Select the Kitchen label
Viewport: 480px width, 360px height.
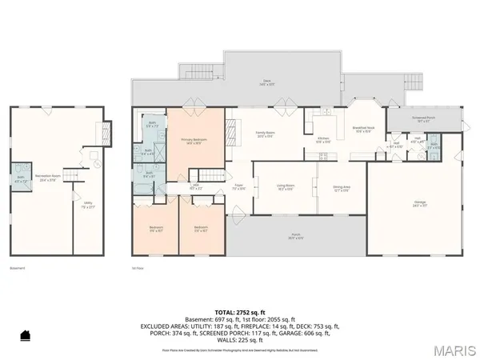[x=324, y=138]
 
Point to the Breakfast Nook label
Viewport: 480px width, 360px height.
[x=364, y=129]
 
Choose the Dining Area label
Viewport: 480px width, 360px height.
[x=342, y=188]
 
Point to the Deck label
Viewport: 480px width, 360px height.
[x=268, y=80]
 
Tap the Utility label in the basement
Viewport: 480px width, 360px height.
[x=87, y=204]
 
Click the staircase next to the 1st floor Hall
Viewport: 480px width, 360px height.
[x=207, y=175]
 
